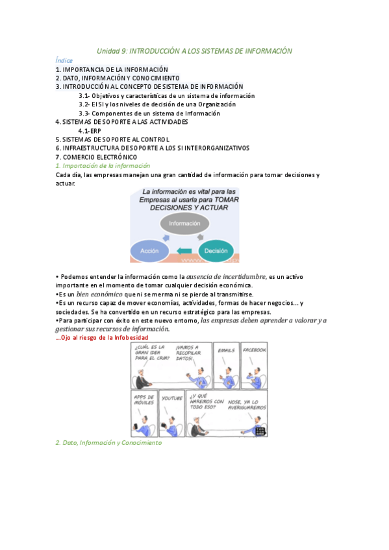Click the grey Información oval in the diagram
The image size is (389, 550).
tap(184, 223)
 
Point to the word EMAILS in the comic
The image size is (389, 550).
tap(226, 350)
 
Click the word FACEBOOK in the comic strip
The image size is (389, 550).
tap(253, 350)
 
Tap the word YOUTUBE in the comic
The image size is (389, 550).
tap(171, 398)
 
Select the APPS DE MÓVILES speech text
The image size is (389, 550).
tap(144, 400)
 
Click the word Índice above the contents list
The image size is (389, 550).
tap(64, 60)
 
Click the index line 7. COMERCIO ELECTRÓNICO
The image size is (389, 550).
tap(96, 157)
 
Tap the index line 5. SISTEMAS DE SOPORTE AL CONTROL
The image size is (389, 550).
tap(112, 139)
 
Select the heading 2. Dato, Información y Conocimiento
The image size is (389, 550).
tap(108, 443)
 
